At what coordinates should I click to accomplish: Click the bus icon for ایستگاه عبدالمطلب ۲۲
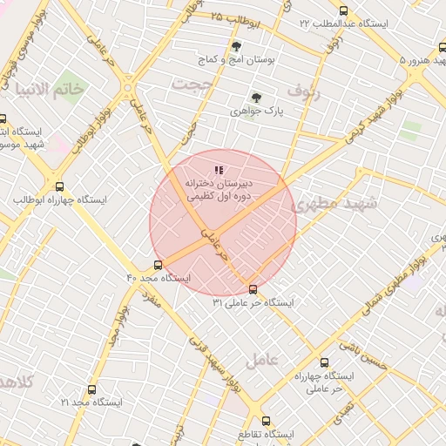pyautogui.click(x=342, y=10)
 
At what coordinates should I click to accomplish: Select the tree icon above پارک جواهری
pyautogui.click(x=255, y=98)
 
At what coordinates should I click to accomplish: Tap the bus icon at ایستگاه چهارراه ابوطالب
pyautogui.click(x=59, y=186)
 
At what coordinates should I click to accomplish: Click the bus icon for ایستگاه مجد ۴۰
pyautogui.click(x=157, y=265)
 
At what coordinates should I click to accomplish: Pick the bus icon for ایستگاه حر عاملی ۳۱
pyautogui.click(x=253, y=289)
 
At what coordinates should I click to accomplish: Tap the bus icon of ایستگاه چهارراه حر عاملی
pyautogui.click(x=325, y=362)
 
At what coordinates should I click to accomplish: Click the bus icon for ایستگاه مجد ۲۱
pyautogui.click(x=91, y=389)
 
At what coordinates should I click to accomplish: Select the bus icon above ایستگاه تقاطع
pyautogui.click(x=266, y=420)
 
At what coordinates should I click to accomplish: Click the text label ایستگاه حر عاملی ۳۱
pyautogui.click(x=253, y=303)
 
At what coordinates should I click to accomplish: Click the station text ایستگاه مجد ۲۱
pyautogui.click(x=91, y=402)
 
